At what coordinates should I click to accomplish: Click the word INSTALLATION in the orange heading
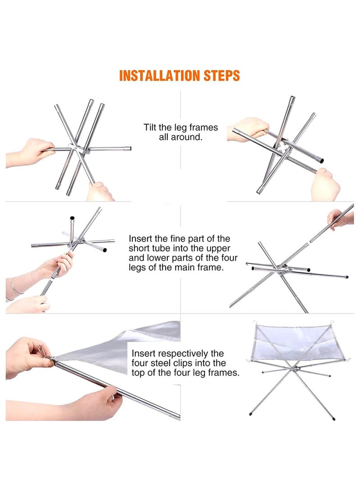tap(160, 76)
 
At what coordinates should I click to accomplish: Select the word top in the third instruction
tap(138, 373)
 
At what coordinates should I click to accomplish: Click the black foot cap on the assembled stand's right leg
tap(334, 419)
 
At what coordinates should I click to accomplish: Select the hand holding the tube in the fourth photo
tap(340, 219)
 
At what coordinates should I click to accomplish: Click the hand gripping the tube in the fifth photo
tap(90, 403)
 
